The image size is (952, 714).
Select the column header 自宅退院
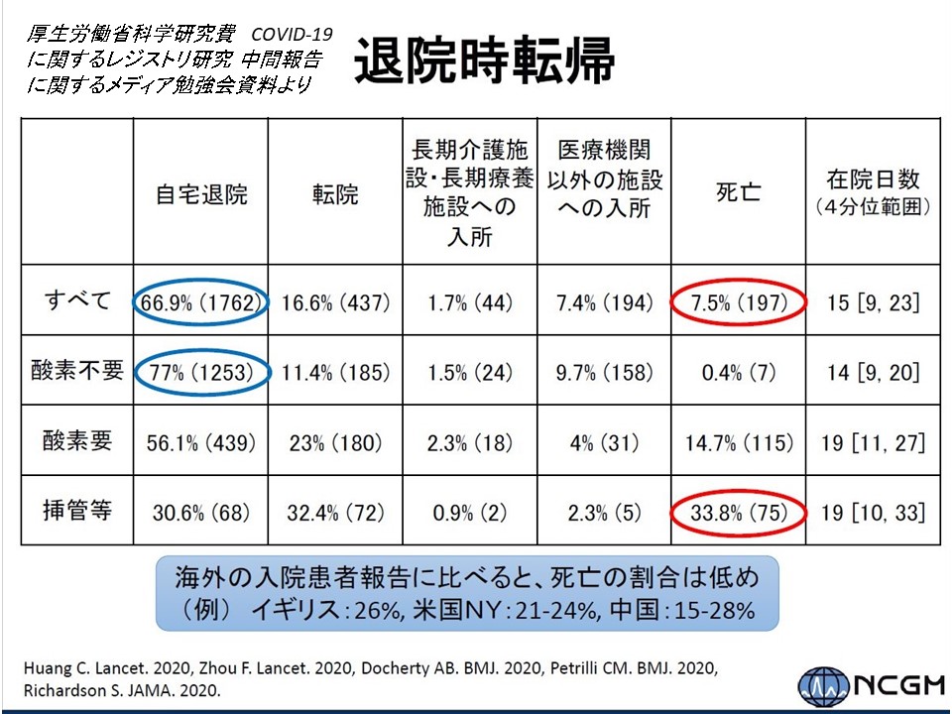coord(201,192)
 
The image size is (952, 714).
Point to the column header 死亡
coord(738,192)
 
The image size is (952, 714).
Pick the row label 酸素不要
coord(77,371)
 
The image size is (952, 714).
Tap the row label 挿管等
coord(77,512)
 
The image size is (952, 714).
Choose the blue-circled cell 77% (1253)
coord(201,372)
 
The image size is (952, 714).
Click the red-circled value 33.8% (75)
coord(738,513)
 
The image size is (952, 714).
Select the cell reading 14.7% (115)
coord(738,442)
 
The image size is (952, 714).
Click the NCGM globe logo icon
coord(816,685)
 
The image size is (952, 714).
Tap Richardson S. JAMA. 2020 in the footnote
coord(115,687)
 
